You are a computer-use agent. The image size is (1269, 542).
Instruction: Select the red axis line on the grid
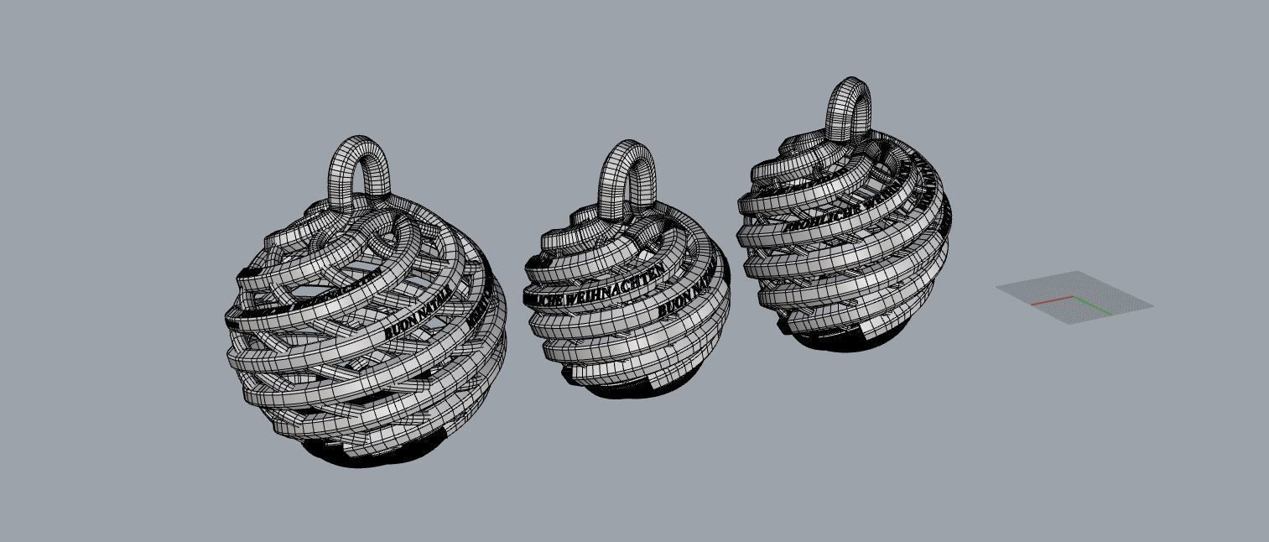coord(1052,300)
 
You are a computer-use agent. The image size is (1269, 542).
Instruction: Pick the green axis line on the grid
coord(1093,306)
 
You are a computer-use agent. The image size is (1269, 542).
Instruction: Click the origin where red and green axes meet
coord(1073,297)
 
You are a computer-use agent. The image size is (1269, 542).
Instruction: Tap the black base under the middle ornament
coord(621,390)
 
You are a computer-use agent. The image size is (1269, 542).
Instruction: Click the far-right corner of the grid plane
coord(1153,305)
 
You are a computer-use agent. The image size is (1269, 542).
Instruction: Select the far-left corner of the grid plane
coord(997,286)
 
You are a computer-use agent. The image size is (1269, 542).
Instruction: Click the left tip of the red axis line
coord(1032,304)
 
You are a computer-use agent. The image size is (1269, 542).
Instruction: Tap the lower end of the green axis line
coord(1112,315)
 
